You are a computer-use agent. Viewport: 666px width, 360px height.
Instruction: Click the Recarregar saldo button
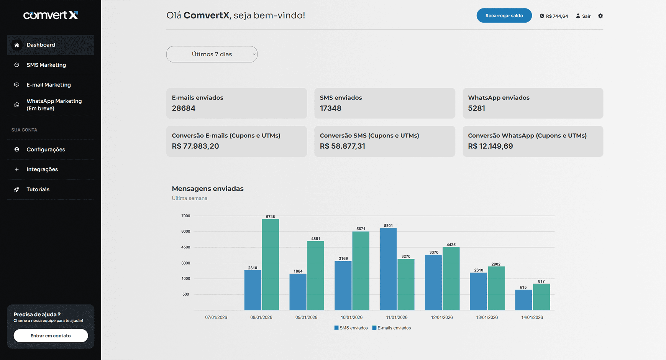coord(504,16)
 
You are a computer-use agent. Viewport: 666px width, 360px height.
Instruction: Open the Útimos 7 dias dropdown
coord(212,54)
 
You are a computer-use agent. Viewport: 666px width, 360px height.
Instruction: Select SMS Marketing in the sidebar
coord(46,65)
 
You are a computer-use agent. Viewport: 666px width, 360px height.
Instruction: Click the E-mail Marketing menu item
coord(48,85)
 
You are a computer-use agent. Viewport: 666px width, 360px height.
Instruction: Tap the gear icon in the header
coord(600,16)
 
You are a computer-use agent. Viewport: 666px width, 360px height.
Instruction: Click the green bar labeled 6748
coord(270,265)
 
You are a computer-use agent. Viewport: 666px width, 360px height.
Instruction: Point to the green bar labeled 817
coord(541,297)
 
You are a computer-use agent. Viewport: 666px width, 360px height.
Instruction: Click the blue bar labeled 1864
coord(298,292)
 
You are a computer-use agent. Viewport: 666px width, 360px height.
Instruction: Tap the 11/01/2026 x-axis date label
coord(397,317)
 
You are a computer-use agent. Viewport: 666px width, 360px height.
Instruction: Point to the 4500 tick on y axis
coord(185,247)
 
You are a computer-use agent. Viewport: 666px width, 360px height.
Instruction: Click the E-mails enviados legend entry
coord(392,328)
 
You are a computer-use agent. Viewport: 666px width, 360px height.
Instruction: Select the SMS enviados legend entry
coord(351,328)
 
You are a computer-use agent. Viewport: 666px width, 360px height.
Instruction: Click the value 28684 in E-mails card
coord(184,108)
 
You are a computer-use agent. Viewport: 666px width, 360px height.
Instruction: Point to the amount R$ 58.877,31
coord(342,146)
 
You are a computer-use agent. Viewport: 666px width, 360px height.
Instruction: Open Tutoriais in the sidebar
coord(38,189)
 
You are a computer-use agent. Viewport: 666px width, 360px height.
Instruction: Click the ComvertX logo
coord(50,15)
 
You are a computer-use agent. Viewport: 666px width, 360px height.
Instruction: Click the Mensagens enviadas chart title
coord(207,189)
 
